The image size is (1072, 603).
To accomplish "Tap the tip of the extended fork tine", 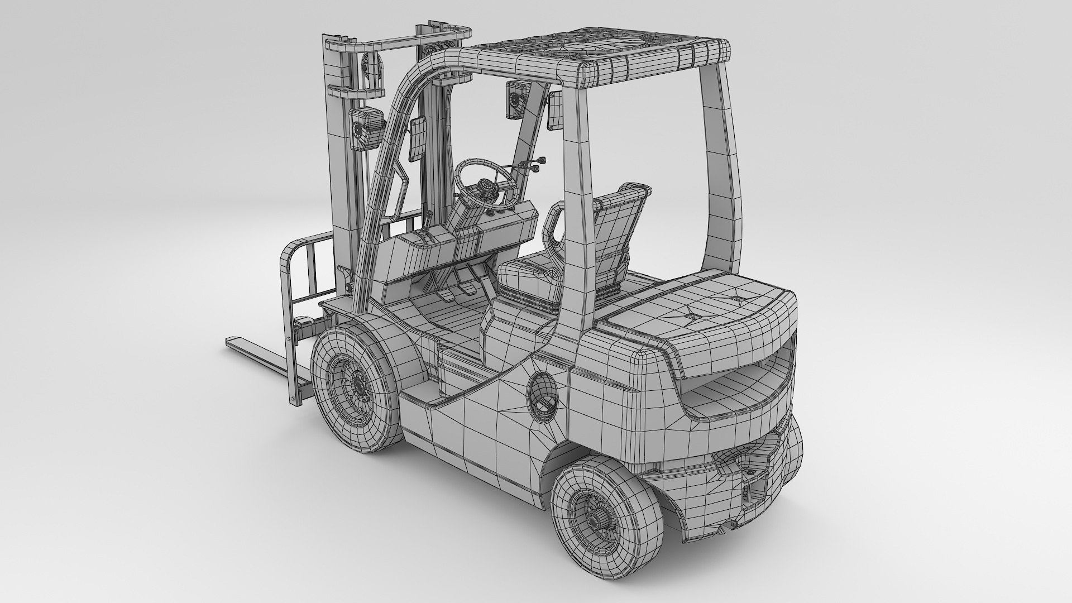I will click(231, 341).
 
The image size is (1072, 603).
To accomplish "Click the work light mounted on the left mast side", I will click(365, 128).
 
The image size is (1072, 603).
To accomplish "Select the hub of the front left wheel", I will click(353, 385).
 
